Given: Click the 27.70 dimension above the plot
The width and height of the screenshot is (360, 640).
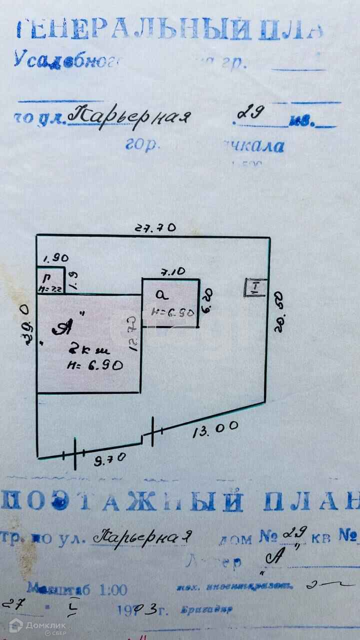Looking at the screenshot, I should pyautogui.click(x=156, y=227).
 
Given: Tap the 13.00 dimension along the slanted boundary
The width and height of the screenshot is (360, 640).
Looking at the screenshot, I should pyautogui.click(x=215, y=429).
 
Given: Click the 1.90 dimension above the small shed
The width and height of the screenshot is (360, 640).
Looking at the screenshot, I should pyautogui.click(x=55, y=258).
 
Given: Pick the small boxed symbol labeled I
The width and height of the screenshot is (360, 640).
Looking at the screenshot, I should pyautogui.click(x=254, y=287).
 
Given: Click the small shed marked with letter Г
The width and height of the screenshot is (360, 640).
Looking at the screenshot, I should pyautogui.click(x=50, y=281).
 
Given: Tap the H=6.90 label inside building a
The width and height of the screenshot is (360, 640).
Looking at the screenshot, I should pyautogui.click(x=172, y=313).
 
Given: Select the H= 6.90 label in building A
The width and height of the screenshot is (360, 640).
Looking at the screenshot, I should pyautogui.click(x=95, y=365).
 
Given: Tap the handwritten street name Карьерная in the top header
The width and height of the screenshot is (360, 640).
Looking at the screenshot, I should pyautogui.click(x=129, y=116).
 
